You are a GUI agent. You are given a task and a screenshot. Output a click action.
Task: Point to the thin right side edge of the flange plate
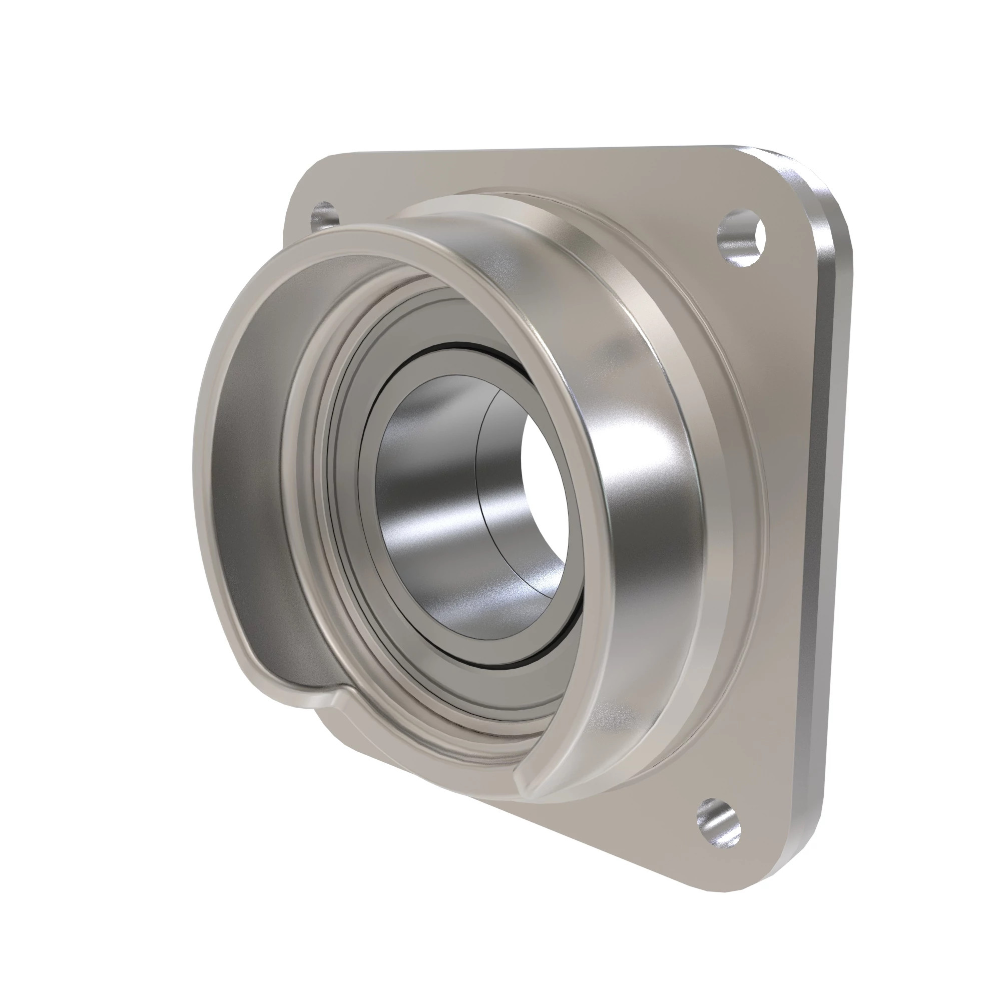tap(829, 518)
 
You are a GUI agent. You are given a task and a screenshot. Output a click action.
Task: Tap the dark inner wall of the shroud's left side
tap(249, 466)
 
